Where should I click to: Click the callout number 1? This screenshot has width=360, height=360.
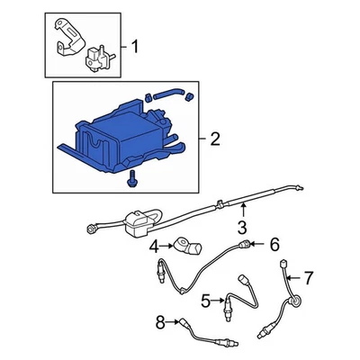pyautogui.click(x=135, y=44)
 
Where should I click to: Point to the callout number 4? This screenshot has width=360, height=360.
pyautogui.click(x=154, y=245)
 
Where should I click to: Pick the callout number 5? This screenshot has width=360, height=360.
pyautogui.click(x=206, y=300)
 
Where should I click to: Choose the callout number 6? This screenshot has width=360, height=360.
pyautogui.click(x=275, y=244)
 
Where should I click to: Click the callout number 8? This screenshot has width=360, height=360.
pyautogui.click(x=160, y=320)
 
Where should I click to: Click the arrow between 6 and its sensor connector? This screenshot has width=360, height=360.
pyautogui.click(x=261, y=244)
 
